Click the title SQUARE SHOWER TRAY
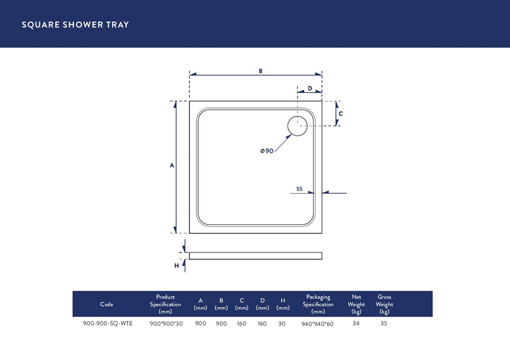tap(75, 25)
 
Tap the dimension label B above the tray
tap(260, 71)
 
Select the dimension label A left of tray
tap(172, 166)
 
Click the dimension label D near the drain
tap(310, 89)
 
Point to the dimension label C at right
tap(341, 113)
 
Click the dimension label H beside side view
tap(177, 265)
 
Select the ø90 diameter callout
tap(266, 150)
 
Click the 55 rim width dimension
tap(300, 189)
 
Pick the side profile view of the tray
tap(255, 256)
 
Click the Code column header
tap(106, 305)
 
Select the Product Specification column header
tap(165, 304)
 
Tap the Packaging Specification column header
tap(317, 304)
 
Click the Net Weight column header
tap(356, 304)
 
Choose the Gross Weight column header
tap(384, 304)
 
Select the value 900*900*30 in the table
tap(166, 323)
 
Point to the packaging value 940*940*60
tap(317, 324)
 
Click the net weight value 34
tap(356, 323)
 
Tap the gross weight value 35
tap(384, 323)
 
